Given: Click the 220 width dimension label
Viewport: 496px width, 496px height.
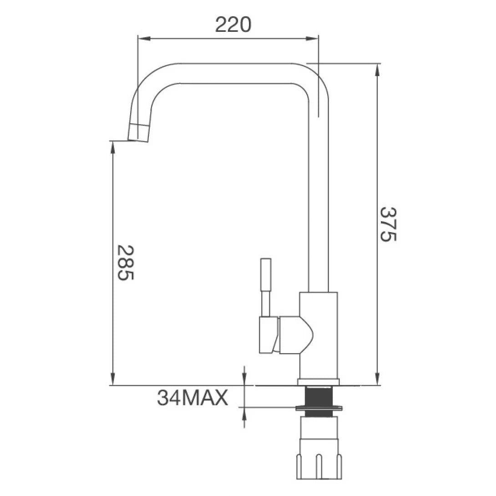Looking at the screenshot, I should tap(233, 25).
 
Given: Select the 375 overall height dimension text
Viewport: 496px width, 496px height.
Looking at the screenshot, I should tap(388, 224).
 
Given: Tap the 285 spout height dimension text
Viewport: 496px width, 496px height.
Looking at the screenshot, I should tap(125, 263).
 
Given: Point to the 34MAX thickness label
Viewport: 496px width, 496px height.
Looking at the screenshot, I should tap(192, 398).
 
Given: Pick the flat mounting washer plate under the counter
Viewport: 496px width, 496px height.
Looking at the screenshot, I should tap(318, 407).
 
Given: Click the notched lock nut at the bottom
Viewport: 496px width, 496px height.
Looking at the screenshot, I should tap(318, 462).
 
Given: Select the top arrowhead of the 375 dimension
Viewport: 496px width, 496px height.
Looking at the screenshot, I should tap(377, 68).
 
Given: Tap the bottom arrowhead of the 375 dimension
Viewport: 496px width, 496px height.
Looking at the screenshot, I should tap(377, 380).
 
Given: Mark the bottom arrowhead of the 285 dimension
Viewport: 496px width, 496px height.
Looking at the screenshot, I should tap(112, 380).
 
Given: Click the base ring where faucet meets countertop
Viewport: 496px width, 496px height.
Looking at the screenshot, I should tap(319, 382).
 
